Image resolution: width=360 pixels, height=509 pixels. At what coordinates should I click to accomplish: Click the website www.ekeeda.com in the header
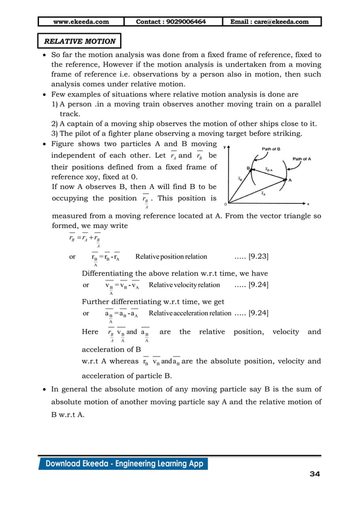click(81, 22)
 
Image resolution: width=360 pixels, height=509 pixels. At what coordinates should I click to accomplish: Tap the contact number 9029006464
click(171, 22)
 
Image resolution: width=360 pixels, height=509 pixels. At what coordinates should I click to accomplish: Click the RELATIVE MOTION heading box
click(79, 41)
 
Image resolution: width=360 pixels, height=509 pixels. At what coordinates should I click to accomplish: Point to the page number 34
click(314, 474)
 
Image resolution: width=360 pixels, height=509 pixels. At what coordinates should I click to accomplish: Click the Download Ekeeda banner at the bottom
click(123, 464)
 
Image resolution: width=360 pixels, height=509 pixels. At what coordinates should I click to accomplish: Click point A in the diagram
click(289, 180)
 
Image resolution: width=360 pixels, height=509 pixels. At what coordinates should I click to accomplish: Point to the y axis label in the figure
click(225, 147)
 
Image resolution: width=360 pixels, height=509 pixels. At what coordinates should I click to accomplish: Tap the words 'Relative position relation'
click(171, 257)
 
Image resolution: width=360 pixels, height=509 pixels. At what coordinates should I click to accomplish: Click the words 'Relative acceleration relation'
click(190, 313)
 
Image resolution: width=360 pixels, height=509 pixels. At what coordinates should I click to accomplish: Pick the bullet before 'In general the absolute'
click(45, 389)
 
